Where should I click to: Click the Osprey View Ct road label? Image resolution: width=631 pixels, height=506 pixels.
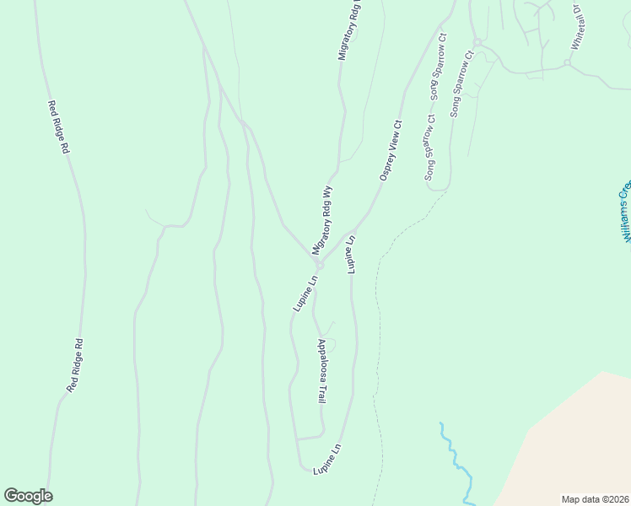click(391, 150)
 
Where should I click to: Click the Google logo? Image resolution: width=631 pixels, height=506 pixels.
click(28, 496)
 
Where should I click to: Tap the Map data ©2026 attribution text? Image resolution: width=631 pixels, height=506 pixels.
click(595, 498)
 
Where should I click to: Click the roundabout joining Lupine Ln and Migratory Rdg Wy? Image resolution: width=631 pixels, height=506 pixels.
click(320, 265)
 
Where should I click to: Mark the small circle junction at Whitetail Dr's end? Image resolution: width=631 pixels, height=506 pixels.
click(567, 62)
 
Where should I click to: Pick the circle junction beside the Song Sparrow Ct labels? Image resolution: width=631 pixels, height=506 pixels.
click(476, 41)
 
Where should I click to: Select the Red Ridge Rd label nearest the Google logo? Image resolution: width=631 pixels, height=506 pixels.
click(75, 365)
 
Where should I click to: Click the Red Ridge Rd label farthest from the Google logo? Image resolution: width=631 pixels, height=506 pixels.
click(57, 126)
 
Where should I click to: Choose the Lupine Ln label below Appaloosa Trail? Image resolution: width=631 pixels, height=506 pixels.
click(327, 458)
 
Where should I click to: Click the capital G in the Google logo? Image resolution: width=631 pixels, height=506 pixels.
click(12, 496)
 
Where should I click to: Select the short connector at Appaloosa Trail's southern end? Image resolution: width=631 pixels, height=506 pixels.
click(310, 438)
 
